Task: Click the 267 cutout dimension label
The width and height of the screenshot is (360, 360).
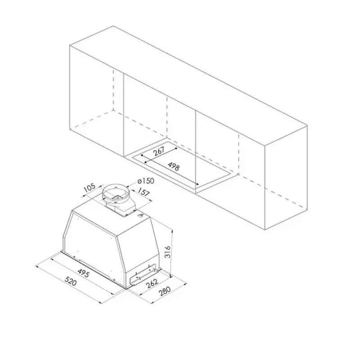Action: tap(159, 151)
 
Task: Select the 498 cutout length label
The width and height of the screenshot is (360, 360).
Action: tap(173, 166)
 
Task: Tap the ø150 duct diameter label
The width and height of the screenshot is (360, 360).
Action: tap(146, 181)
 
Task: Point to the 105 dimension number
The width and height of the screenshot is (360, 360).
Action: tap(89, 188)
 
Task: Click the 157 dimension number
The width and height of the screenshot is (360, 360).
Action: tap(144, 193)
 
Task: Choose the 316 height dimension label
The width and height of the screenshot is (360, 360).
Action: tap(168, 252)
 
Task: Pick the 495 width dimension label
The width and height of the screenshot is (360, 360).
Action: tap(83, 272)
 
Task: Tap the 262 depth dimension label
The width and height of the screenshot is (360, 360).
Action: tap(152, 283)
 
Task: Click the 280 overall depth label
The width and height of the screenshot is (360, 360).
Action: tap(164, 292)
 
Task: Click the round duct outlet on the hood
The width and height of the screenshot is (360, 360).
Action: tap(116, 192)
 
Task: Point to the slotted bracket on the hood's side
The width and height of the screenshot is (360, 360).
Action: tap(144, 274)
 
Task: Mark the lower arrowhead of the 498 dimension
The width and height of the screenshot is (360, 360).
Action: tap(197, 184)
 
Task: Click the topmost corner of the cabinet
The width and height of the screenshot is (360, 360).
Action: tap(113, 26)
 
